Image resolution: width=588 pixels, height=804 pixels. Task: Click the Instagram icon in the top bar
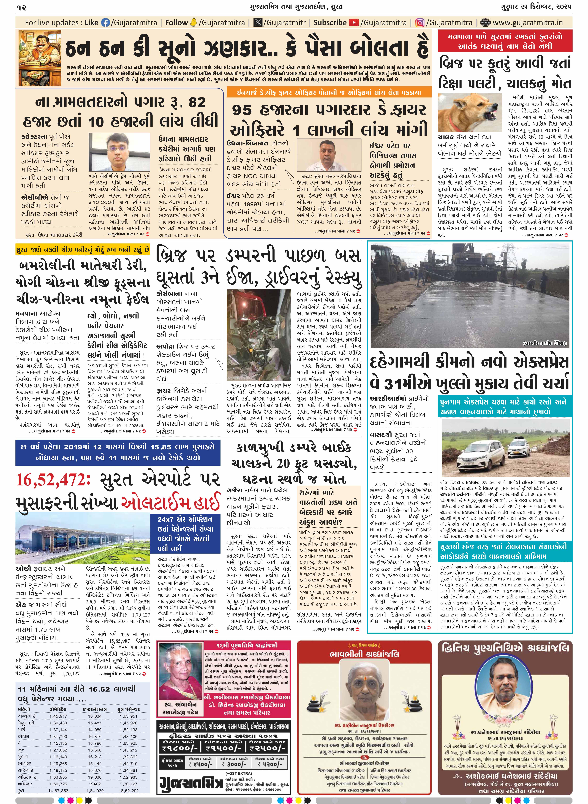click(x=420, y=23)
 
